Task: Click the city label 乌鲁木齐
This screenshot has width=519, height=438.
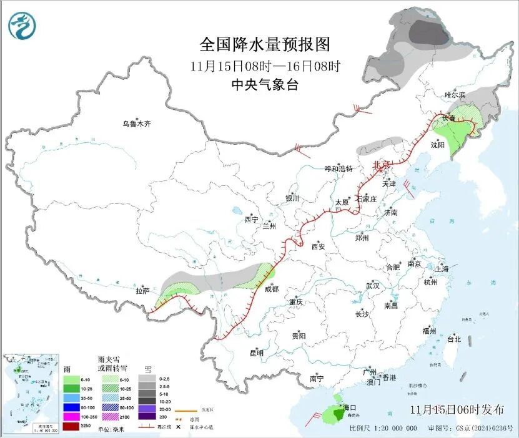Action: (x=136, y=124)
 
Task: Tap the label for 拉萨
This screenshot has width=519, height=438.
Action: (x=143, y=291)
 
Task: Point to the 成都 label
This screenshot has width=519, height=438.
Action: (x=272, y=289)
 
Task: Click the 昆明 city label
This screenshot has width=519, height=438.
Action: (x=257, y=353)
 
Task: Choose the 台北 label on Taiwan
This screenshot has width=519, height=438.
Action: (x=453, y=339)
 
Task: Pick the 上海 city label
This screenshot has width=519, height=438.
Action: (x=442, y=269)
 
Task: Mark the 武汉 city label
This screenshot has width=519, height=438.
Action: (x=373, y=285)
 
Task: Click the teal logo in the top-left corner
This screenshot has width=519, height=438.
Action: (x=22, y=26)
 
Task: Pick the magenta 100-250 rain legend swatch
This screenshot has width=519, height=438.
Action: (x=71, y=416)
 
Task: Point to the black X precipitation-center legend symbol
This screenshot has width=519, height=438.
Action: (x=178, y=426)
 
